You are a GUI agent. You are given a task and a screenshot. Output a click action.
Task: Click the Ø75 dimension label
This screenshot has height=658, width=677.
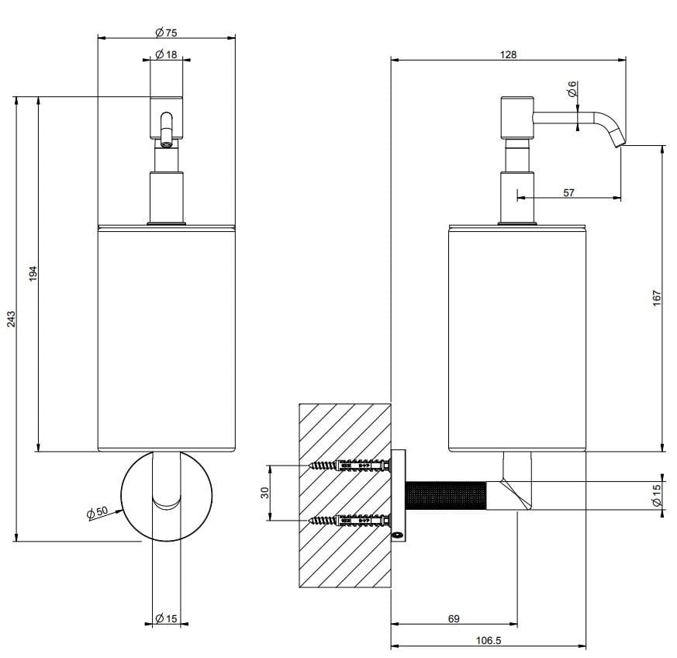[x=165, y=33]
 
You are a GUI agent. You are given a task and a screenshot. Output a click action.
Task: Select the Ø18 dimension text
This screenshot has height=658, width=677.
[x=166, y=54]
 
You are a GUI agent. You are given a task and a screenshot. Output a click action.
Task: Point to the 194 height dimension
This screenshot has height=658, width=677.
[x=33, y=274]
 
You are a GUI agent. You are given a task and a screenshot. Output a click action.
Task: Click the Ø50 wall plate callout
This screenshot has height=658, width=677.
[x=97, y=512]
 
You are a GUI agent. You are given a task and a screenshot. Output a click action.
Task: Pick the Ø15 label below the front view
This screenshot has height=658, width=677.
[x=167, y=618]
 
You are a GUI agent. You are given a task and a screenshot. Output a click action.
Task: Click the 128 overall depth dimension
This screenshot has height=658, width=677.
[x=508, y=55]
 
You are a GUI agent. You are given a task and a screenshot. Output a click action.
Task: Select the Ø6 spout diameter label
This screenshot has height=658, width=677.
[x=572, y=88]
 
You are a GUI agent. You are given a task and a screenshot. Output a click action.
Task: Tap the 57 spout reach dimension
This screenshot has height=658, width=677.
[x=568, y=192]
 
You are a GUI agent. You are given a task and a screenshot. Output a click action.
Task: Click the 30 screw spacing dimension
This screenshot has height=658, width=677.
[x=264, y=493]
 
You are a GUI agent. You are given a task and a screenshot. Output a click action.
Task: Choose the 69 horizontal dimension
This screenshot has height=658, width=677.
[x=454, y=618]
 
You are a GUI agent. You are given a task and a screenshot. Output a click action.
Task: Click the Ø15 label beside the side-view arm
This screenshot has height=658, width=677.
[x=656, y=497]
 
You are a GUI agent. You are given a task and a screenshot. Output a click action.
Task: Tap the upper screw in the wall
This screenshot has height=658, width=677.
[x=349, y=466]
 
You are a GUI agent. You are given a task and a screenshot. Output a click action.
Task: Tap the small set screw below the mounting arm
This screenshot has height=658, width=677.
[x=398, y=534]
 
